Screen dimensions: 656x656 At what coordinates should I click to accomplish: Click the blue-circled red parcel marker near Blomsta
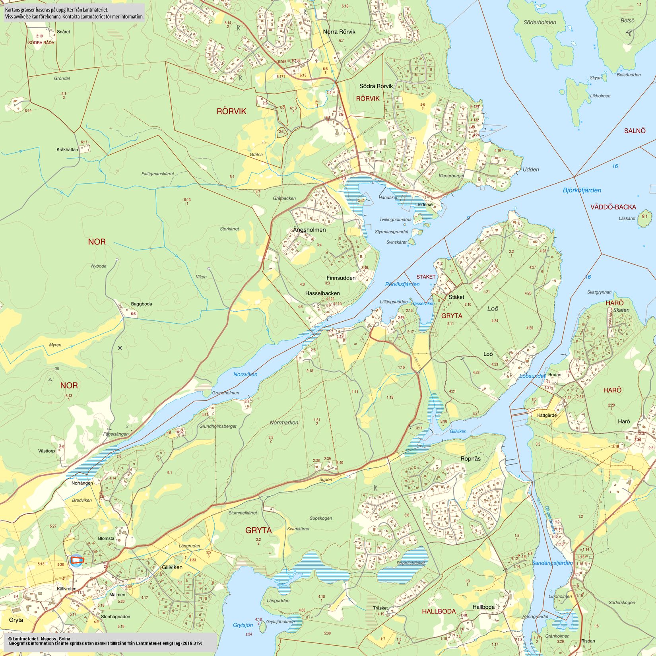(x=76, y=561)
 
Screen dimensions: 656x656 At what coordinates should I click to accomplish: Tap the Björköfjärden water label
(x=582, y=190)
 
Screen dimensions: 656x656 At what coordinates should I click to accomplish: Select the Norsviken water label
(x=245, y=374)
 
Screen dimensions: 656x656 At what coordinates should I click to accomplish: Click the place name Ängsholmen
(x=309, y=230)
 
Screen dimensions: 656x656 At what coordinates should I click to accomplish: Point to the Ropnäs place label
(x=470, y=458)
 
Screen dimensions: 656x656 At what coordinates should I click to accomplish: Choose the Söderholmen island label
(x=540, y=22)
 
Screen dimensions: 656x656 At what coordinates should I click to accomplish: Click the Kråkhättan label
(x=67, y=149)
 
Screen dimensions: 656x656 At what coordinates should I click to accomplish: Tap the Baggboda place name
(x=141, y=304)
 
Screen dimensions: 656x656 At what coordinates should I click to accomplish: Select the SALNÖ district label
(x=635, y=131)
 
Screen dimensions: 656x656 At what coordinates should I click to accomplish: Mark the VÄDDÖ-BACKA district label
(x=613, y=207)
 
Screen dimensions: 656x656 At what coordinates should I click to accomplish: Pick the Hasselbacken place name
(x=322, y=293)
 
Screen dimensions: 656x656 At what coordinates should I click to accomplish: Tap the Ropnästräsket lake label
(x=411, y=563)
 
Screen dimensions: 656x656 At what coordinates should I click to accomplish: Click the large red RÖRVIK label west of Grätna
(x=231, y=111)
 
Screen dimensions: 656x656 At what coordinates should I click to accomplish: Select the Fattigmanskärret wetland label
(x=157, y=174)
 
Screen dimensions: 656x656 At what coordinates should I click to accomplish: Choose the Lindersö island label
(x=423, y=205)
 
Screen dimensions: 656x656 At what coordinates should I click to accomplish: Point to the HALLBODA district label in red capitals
(x=439, y=611)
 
